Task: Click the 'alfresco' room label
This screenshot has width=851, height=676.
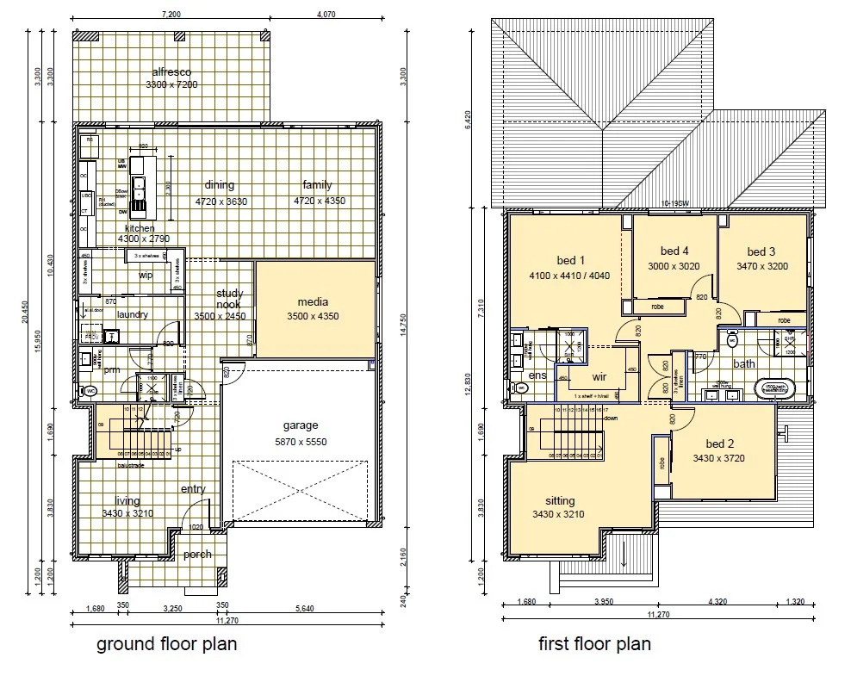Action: tap(171, 71)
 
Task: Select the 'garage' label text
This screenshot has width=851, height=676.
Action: tap(301, 425)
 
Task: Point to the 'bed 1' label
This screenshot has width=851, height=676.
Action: tap(571, 261)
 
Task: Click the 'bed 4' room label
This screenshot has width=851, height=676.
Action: tap(674, 251)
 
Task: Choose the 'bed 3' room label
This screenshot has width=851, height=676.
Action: tap(761, 252)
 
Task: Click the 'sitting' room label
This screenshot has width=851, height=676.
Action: tap(560, 500)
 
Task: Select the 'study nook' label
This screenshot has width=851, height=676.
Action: tap(229, 299)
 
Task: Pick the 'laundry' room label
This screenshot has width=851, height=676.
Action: tap(132, 314)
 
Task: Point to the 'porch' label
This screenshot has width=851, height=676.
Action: tap(197, 554)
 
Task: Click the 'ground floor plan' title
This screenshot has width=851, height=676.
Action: tap(166, 643)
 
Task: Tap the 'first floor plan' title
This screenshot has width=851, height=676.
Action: tap(594, 643)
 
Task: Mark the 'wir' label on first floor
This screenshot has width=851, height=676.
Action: tap(599, 375)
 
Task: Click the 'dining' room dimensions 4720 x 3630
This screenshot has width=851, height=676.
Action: tap(219, 201)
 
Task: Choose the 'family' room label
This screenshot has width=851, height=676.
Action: tap(316, 185)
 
